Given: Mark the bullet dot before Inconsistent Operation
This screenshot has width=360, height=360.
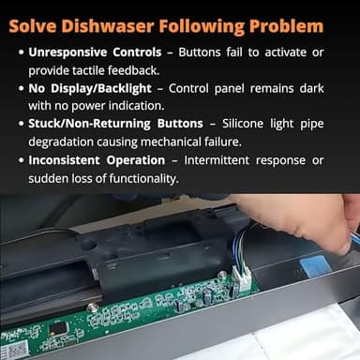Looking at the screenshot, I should tap(21, 160).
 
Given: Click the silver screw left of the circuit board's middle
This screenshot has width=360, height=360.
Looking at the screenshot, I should tap(92, 307).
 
